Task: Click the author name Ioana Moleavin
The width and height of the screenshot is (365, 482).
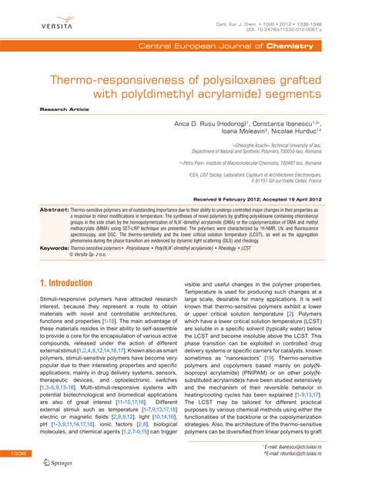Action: tap(256, 132)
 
